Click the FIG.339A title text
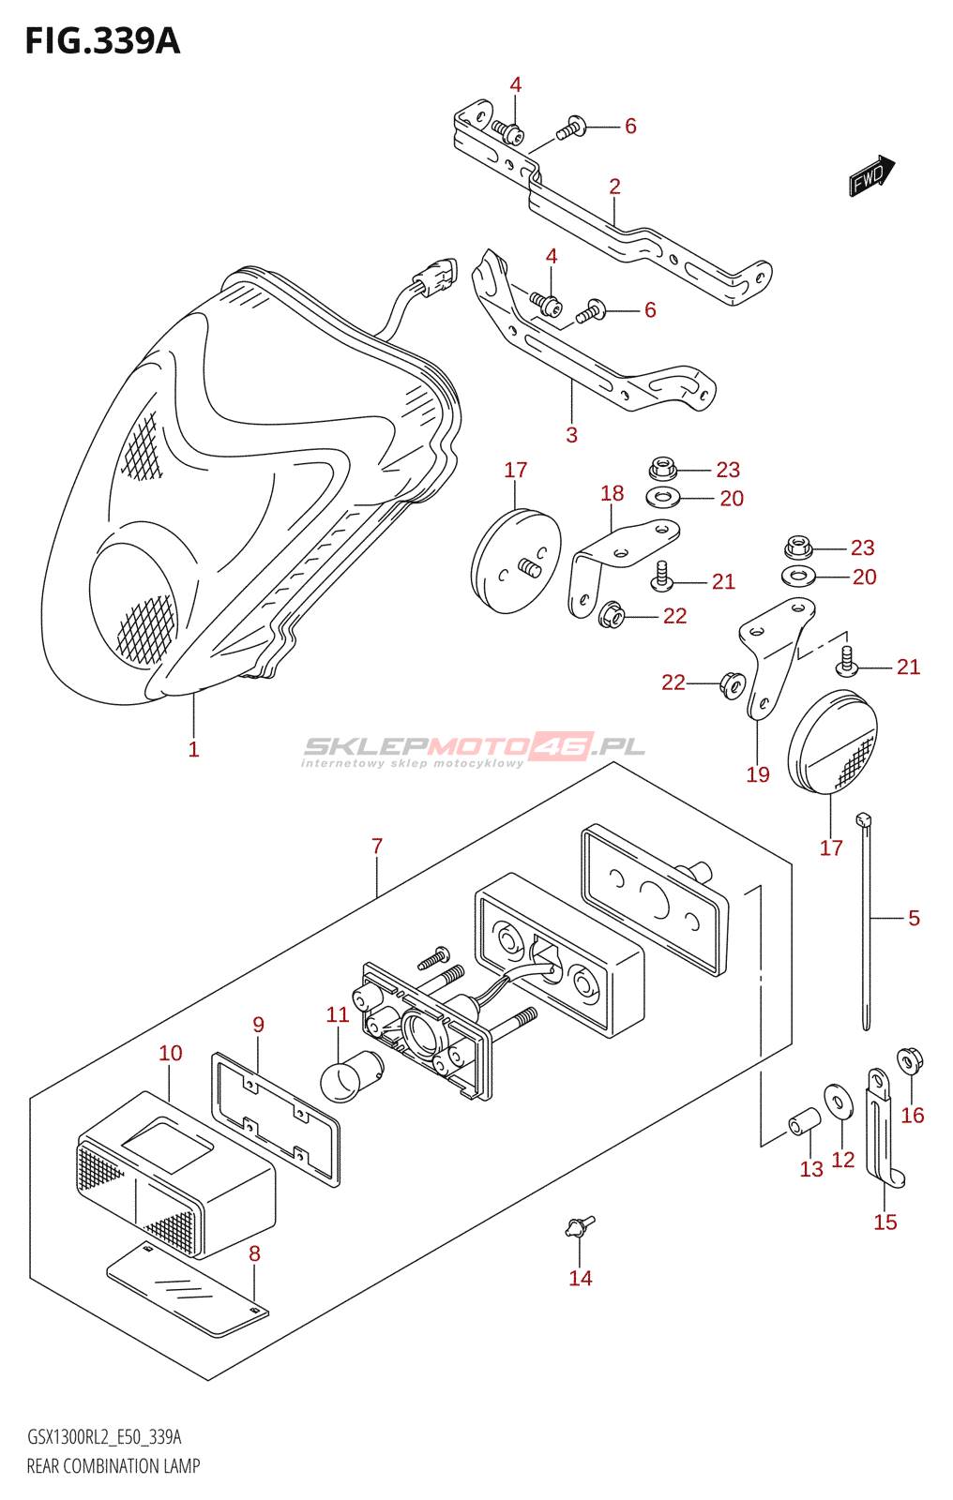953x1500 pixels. [102, 41]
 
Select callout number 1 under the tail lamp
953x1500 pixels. [193, 749]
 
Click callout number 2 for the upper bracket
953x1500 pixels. [614, 187]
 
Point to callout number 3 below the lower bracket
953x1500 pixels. [571, 435]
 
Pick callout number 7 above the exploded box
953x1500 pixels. [377, 847]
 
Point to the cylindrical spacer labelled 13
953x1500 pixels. [804, 1120]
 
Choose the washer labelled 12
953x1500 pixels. [839, 1102]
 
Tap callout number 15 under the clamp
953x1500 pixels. [885, 1222]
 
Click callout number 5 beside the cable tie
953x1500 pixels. [914, 918]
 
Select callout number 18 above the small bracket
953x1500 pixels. [612, 494]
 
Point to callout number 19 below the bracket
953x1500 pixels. [758, 774]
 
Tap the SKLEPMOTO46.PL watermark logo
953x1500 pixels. [474, 748]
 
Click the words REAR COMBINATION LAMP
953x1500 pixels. [113, 1466]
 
